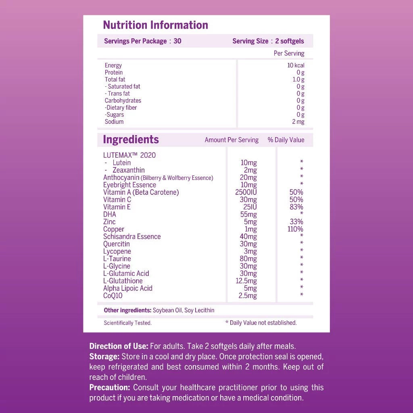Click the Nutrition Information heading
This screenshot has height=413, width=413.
(x=156, y=25)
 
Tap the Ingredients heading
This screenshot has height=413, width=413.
(x=131, y=140)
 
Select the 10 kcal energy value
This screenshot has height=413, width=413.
(x=296, y=65)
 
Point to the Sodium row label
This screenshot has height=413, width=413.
(x=114, y=122)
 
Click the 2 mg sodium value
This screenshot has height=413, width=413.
(x=298, y=122)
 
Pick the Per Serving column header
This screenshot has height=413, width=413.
(x=289, y=53)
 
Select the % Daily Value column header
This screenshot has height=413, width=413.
(x=286, y=140)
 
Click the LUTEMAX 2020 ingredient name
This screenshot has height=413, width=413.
(x=129, y=155)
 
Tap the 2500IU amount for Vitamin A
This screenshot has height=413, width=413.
(x=246, y=192)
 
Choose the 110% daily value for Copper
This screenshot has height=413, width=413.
(x=295, y=229)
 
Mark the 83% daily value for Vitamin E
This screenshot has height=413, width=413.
(x=296, y=207)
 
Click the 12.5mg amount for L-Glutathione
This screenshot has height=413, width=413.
(x=246, y=281)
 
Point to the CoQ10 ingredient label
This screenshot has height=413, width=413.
(x=113, y=296)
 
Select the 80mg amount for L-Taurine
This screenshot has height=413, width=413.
(x=248, y=259)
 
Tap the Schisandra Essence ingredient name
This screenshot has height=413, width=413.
(x=132, y=237)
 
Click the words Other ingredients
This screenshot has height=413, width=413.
(x=127, y=310)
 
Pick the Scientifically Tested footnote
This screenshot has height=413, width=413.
(x=127, y=323)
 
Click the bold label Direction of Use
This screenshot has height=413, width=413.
(x=119, y=346)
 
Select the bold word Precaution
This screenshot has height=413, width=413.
(x=109, y=388)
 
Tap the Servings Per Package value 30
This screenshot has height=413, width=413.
(x=177, y=41)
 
